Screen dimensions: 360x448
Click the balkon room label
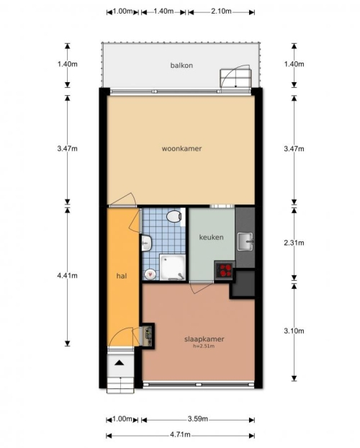click(x=181, y=66)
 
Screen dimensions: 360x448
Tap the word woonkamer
click(x=181, y=148)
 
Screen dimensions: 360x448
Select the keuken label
click(x=211, y=237)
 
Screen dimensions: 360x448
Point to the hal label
click(x=122, y=276)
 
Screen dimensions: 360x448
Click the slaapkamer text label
click(x=204, y=339)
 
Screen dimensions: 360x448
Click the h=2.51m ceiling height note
click(x=204, y=346)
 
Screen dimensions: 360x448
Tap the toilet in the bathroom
click(x=174, y=216)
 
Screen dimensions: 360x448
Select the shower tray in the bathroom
click(x=173, y=267)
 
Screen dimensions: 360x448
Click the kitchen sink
click(x=245, y=241)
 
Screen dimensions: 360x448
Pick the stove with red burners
click(x=225, y=271)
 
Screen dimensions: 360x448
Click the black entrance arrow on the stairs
click(x=120, y=363)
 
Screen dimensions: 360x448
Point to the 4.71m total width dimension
click(x=180, y=434)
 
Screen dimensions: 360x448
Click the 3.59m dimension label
click(x=198, y=419)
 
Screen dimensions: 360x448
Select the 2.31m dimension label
click(x=294, y=243)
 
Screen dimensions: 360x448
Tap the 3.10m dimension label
click(x=294, y=331)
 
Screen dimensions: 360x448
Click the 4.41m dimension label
click(x=67, y=275)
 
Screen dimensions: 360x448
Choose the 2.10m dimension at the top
click(x=221, y=11)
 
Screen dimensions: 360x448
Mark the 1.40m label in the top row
click(x=163, y=11)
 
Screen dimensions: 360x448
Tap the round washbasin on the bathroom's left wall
click(x=146, y=243)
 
